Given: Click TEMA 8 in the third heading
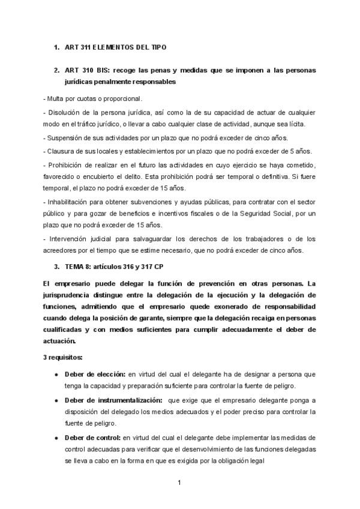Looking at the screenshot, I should pos(79,266).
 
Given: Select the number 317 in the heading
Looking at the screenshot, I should pos(155,266).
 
